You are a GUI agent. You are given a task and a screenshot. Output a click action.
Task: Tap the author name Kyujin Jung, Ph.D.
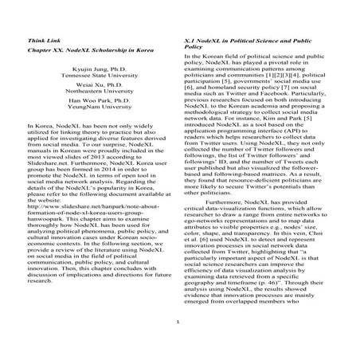tap(92, 70)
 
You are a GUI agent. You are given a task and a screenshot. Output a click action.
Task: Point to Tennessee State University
tap(92, 77)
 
